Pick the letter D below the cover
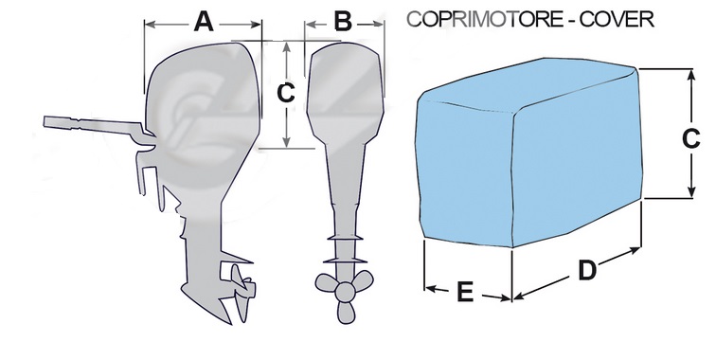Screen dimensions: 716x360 tap(586, 271)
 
